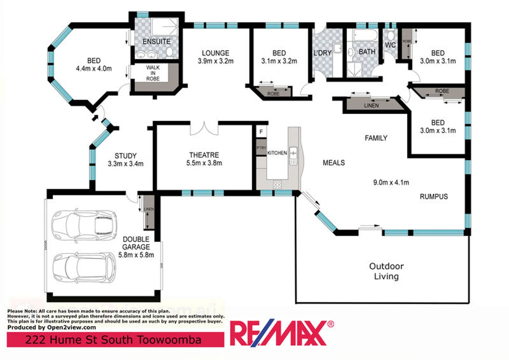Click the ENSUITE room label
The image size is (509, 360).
(156, 42)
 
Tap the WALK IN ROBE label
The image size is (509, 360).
(153, 73)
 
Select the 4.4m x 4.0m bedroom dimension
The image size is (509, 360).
(94, 69)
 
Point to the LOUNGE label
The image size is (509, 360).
(215, 53)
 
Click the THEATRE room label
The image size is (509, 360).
(204, 155)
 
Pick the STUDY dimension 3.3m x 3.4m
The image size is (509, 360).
(125, 164)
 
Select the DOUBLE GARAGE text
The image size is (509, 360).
(136, 243)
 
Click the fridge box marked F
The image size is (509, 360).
(261, 132)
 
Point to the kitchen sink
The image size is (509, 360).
(293, 153)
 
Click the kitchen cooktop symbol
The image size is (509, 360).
(277, 184)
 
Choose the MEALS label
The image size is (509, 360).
(334, 163)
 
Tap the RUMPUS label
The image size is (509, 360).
(434, 197)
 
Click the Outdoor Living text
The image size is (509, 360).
(386, 271)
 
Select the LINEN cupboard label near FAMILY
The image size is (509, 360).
(371, 106)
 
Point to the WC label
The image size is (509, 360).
(390, 45)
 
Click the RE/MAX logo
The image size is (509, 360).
(280, 333)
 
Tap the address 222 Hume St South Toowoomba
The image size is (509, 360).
(113, 340)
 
